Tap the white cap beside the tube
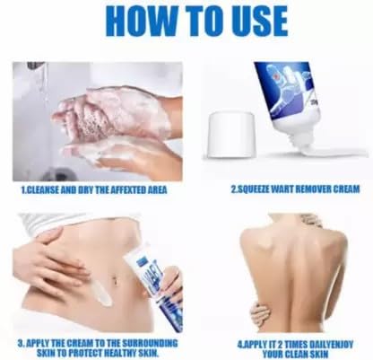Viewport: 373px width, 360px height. click(231, 135)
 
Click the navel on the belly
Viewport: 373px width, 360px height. click(115, 281)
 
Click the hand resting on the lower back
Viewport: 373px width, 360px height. click(260, 314)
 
